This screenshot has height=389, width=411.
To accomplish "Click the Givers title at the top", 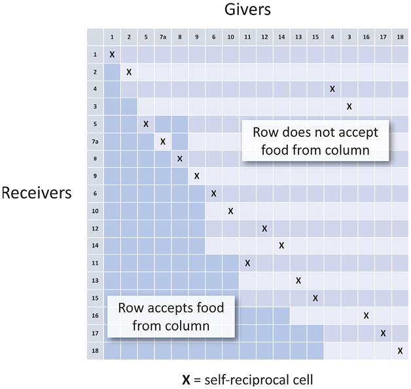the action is (247, 10).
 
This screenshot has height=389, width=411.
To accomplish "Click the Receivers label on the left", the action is (37, 193).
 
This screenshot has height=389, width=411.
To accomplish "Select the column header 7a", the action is (163, 37).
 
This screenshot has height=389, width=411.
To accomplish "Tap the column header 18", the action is (400, 37).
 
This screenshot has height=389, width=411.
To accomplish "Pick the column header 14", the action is (281, 37).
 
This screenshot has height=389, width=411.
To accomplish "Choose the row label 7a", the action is (95, 141).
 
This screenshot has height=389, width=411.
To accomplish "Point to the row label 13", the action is (95, 281).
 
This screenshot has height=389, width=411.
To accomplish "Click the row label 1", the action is (95, 54).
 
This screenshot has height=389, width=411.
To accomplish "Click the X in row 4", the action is (332, 89).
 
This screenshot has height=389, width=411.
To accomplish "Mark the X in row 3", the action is (349, 107).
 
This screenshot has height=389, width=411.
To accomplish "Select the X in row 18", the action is (400, 351).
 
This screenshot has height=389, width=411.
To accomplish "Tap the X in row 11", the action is (247, 263).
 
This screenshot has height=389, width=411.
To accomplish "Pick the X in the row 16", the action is (366, 316).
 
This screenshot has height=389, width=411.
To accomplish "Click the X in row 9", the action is (196, 176).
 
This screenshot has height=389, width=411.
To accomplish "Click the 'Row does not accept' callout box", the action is (315, 141).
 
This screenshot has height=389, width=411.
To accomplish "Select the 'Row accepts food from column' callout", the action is (171, 316).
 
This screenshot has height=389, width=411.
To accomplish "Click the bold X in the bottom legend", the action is (186, 380).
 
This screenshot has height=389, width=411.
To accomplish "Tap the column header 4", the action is (332, 37).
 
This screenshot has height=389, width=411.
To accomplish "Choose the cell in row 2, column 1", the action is (112, 72).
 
